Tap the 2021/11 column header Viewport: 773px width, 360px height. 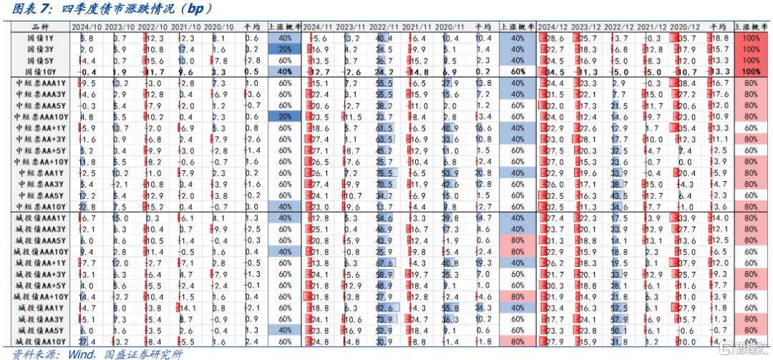[x=416, y=26]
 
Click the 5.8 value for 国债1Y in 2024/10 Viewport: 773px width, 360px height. [x=87, y=38]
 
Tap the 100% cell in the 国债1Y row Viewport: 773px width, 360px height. [x=751, y=38]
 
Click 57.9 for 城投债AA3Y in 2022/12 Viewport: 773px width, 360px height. [x=620, y=318]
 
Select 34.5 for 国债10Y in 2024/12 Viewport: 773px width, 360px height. [x=555, y=72]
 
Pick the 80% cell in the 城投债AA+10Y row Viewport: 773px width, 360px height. [x=517, y=296]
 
